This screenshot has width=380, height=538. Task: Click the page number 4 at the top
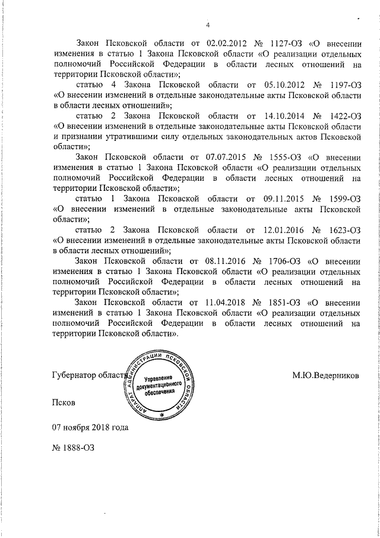pyautogui.click(x=207, y=24)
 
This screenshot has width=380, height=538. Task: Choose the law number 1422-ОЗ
pyautogui.click(x=343, y=116)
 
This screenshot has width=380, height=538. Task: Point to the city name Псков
pyautogui.click(x=64, y=402)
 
